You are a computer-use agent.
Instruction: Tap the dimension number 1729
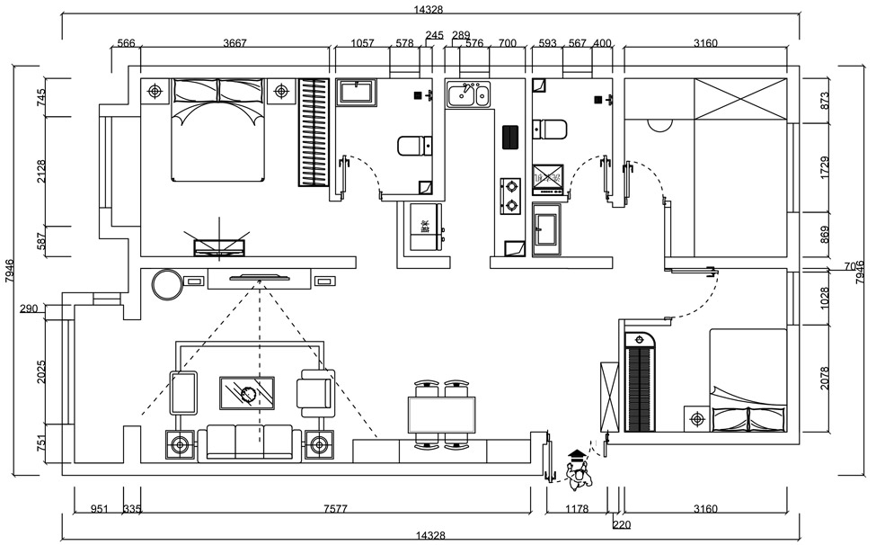[x=825, y=167]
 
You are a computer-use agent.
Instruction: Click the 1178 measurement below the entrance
[x=576, y=509]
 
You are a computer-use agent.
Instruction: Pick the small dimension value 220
[x=621, y=524]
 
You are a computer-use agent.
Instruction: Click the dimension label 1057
[x=362, y=43]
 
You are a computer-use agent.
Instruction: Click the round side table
[x=167, y=284]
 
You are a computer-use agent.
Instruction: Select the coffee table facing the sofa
[x=247, y=393]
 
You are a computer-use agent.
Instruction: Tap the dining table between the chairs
[x=441, y=415]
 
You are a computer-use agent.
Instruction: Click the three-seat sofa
[x=250, y=442]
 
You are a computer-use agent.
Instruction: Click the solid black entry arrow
[x=576, y=454]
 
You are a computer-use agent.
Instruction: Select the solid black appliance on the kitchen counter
[x=511, y=137]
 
